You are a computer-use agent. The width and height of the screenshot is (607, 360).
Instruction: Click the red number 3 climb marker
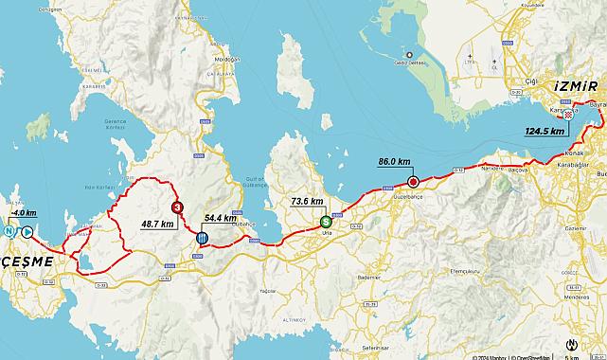[x=176, y=207]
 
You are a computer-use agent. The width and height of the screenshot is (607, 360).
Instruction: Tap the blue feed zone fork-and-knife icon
[x=201, y=238]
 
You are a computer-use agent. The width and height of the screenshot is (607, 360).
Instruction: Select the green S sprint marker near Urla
[x=326, y=222]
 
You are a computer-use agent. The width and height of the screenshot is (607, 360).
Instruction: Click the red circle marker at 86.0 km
[x=412, y=181]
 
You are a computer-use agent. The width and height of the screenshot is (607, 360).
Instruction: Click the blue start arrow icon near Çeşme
[x=27, y=231]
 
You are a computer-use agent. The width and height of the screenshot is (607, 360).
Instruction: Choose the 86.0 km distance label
[x=394, y=162]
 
